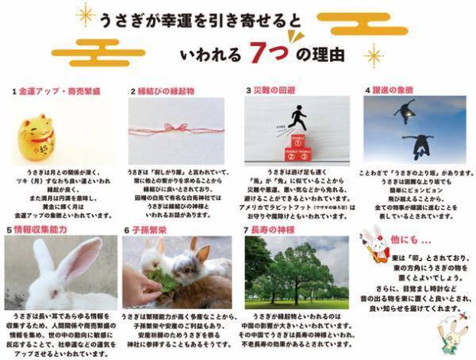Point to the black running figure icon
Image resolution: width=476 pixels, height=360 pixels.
pyautogui.click(x=297, y=118)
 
